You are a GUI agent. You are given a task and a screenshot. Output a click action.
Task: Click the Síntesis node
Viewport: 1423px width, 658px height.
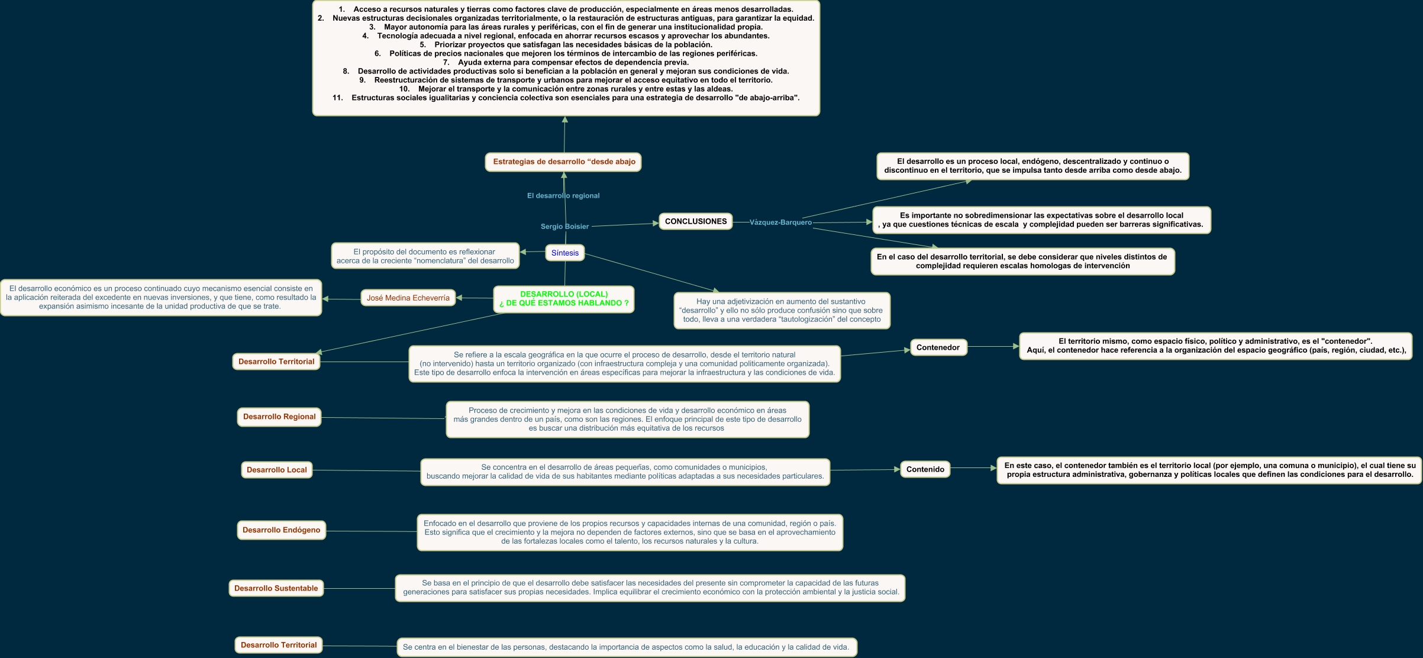[564, 253]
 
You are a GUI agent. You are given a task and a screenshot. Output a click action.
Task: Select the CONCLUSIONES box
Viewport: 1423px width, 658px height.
[695, 221]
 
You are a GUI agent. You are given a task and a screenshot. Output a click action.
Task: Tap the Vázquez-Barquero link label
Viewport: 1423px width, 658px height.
[780, 222]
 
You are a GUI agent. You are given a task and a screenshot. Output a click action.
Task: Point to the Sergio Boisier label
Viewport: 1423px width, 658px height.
[564, 227]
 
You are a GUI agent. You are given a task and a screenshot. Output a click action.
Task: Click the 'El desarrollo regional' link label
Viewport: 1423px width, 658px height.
[563, 196]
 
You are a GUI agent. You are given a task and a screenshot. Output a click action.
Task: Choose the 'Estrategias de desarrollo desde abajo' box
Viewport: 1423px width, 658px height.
[563, 162]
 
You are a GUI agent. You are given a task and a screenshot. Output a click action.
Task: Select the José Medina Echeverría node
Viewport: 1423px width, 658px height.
[408, 298]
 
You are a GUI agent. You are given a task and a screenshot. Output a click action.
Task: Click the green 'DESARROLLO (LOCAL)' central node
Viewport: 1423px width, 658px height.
[563, 299]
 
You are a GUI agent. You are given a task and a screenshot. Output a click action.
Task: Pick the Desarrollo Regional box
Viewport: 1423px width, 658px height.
[279, 417]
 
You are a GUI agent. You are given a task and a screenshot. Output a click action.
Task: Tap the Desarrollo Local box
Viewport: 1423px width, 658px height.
[276, 470]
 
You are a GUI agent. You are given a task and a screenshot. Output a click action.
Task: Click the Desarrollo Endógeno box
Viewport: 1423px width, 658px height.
[281, 530]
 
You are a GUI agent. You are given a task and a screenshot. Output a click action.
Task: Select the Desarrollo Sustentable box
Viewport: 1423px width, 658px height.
[276, 588]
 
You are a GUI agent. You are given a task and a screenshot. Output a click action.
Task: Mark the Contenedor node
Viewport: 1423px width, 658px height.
[938, 347]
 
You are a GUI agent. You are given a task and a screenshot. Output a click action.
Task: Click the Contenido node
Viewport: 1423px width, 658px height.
[925, 469]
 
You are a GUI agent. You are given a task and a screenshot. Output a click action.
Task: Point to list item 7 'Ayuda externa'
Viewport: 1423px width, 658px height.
[566, 62]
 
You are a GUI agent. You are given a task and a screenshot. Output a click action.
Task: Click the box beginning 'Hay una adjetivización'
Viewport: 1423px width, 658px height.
[782, 310]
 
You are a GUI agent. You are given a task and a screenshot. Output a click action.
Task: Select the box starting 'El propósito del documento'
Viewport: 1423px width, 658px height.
[425, 256]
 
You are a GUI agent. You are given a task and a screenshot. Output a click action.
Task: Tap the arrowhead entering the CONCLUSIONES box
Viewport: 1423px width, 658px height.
[655, 223]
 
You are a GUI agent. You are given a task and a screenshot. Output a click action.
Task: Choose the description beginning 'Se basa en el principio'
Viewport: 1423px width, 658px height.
[650, 588]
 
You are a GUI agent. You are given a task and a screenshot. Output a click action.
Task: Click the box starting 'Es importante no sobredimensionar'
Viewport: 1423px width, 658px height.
[1041, 220]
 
